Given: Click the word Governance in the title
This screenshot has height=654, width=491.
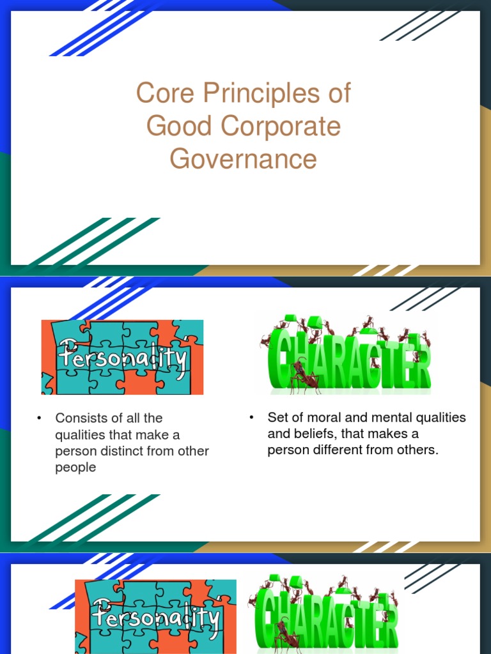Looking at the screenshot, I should (243, 159).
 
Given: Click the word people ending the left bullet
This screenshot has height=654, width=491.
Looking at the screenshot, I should (75, 468).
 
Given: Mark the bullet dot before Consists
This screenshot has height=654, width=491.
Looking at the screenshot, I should (40, 418).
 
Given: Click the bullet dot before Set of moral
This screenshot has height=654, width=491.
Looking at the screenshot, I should (252, 418).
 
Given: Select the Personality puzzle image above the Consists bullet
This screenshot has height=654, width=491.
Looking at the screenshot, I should (122, 357).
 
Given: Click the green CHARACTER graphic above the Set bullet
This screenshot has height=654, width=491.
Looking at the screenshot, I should (346, 354).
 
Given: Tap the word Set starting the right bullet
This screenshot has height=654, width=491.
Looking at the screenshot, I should (278, 418).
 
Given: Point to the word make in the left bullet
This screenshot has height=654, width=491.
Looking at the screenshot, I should (158, 435).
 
